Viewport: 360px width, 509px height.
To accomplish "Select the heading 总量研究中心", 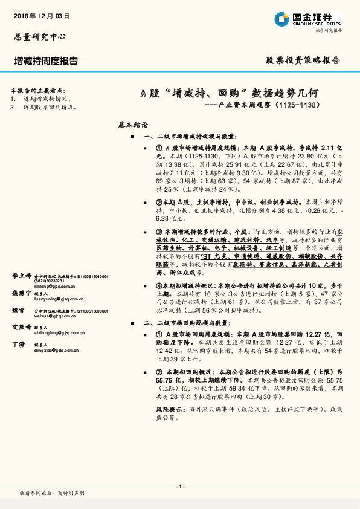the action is tap(40, 37).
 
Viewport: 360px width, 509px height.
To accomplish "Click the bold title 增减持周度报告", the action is tap(46, 60).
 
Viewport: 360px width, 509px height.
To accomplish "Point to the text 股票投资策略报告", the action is tap(303, 60).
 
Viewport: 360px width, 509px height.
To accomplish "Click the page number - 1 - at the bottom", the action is tap(179, 487).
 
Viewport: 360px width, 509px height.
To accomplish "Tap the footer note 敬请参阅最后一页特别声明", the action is tap(52, 493).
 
